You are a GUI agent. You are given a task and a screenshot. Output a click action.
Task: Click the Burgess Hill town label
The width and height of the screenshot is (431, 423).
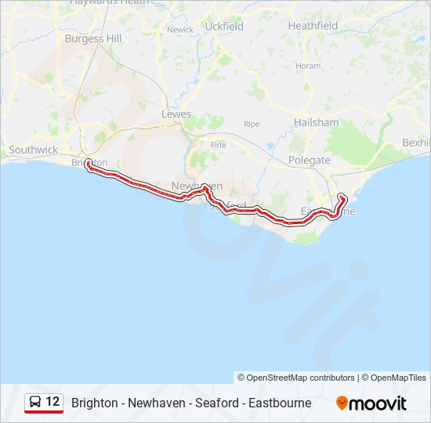(92, 38)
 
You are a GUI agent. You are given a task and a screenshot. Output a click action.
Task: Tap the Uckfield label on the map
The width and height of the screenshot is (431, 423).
(224, 27)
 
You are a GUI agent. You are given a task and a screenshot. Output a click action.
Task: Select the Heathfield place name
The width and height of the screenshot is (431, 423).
(313, 26)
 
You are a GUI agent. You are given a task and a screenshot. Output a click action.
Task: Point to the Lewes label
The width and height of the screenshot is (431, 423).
(176, 114)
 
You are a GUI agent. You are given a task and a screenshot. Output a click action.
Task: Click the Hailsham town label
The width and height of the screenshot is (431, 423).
(316, 123)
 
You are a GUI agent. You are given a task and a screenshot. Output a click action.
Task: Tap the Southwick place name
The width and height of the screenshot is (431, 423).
(33, 150)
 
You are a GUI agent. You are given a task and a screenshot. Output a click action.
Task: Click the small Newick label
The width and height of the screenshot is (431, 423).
(179, 30)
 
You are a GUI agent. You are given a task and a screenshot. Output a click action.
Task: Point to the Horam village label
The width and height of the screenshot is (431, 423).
(308, 67)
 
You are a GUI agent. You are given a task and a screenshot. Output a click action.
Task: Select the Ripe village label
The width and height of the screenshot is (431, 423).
(251, 125)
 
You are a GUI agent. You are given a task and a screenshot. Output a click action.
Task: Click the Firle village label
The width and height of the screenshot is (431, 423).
(218, 144)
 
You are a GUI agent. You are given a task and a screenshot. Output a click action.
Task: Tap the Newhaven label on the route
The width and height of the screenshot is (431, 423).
(197, 186)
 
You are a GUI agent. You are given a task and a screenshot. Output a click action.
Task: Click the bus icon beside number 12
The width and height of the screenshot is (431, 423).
(35, 403)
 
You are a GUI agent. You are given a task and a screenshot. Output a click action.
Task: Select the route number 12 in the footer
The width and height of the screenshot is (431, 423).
(53, 402)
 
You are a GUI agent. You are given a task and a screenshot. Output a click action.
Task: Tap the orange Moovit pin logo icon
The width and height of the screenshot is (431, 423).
(342, 403)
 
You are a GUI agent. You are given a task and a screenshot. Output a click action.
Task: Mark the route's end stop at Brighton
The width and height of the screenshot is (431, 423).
(88, 164)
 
